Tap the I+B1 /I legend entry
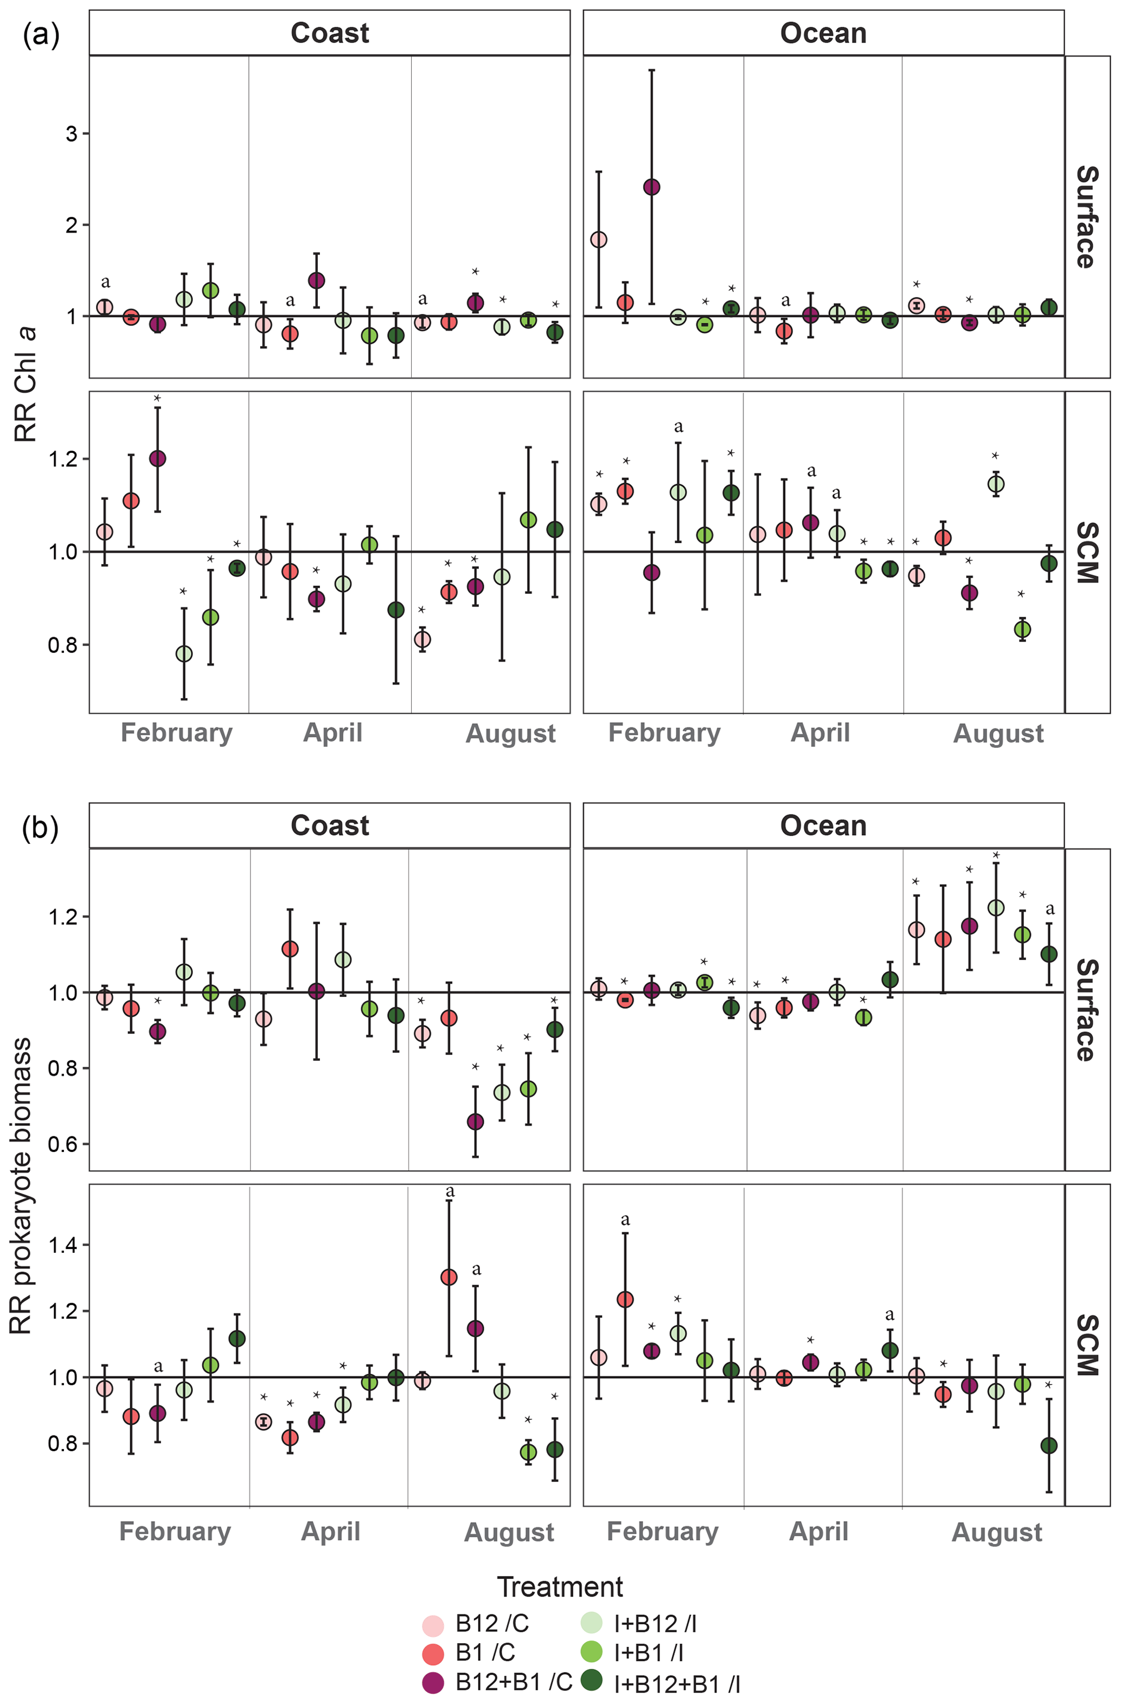pyautogui.click(x=648, y=1652)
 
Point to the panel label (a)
pyautogui.click(x=41, y=34)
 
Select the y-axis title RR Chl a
pyautogui.click(x=27, y=383)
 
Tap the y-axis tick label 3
pyautogui.click(x=72, y=134)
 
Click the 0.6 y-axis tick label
pyautogui.click(x=62, y=1144)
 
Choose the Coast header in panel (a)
pyautogui.click(x=329, y=33)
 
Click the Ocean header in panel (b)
pyautogui.click(x=823, y=825)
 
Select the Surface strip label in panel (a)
pyautogui.click(x=1086, y=217)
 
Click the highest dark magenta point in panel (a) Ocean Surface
pyautogui.click(x=651, y=187)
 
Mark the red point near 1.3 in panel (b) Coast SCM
pyautogui.click(x=449, y=1277)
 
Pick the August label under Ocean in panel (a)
pyautogui.click(x=998, y=734)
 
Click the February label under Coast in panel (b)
pyautogui.click(x=175, y=1532)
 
